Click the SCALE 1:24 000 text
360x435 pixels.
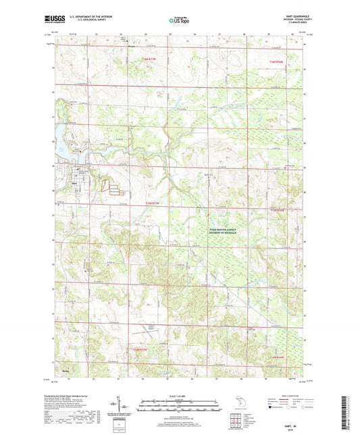pyautogui.click(x=180, y=396)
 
